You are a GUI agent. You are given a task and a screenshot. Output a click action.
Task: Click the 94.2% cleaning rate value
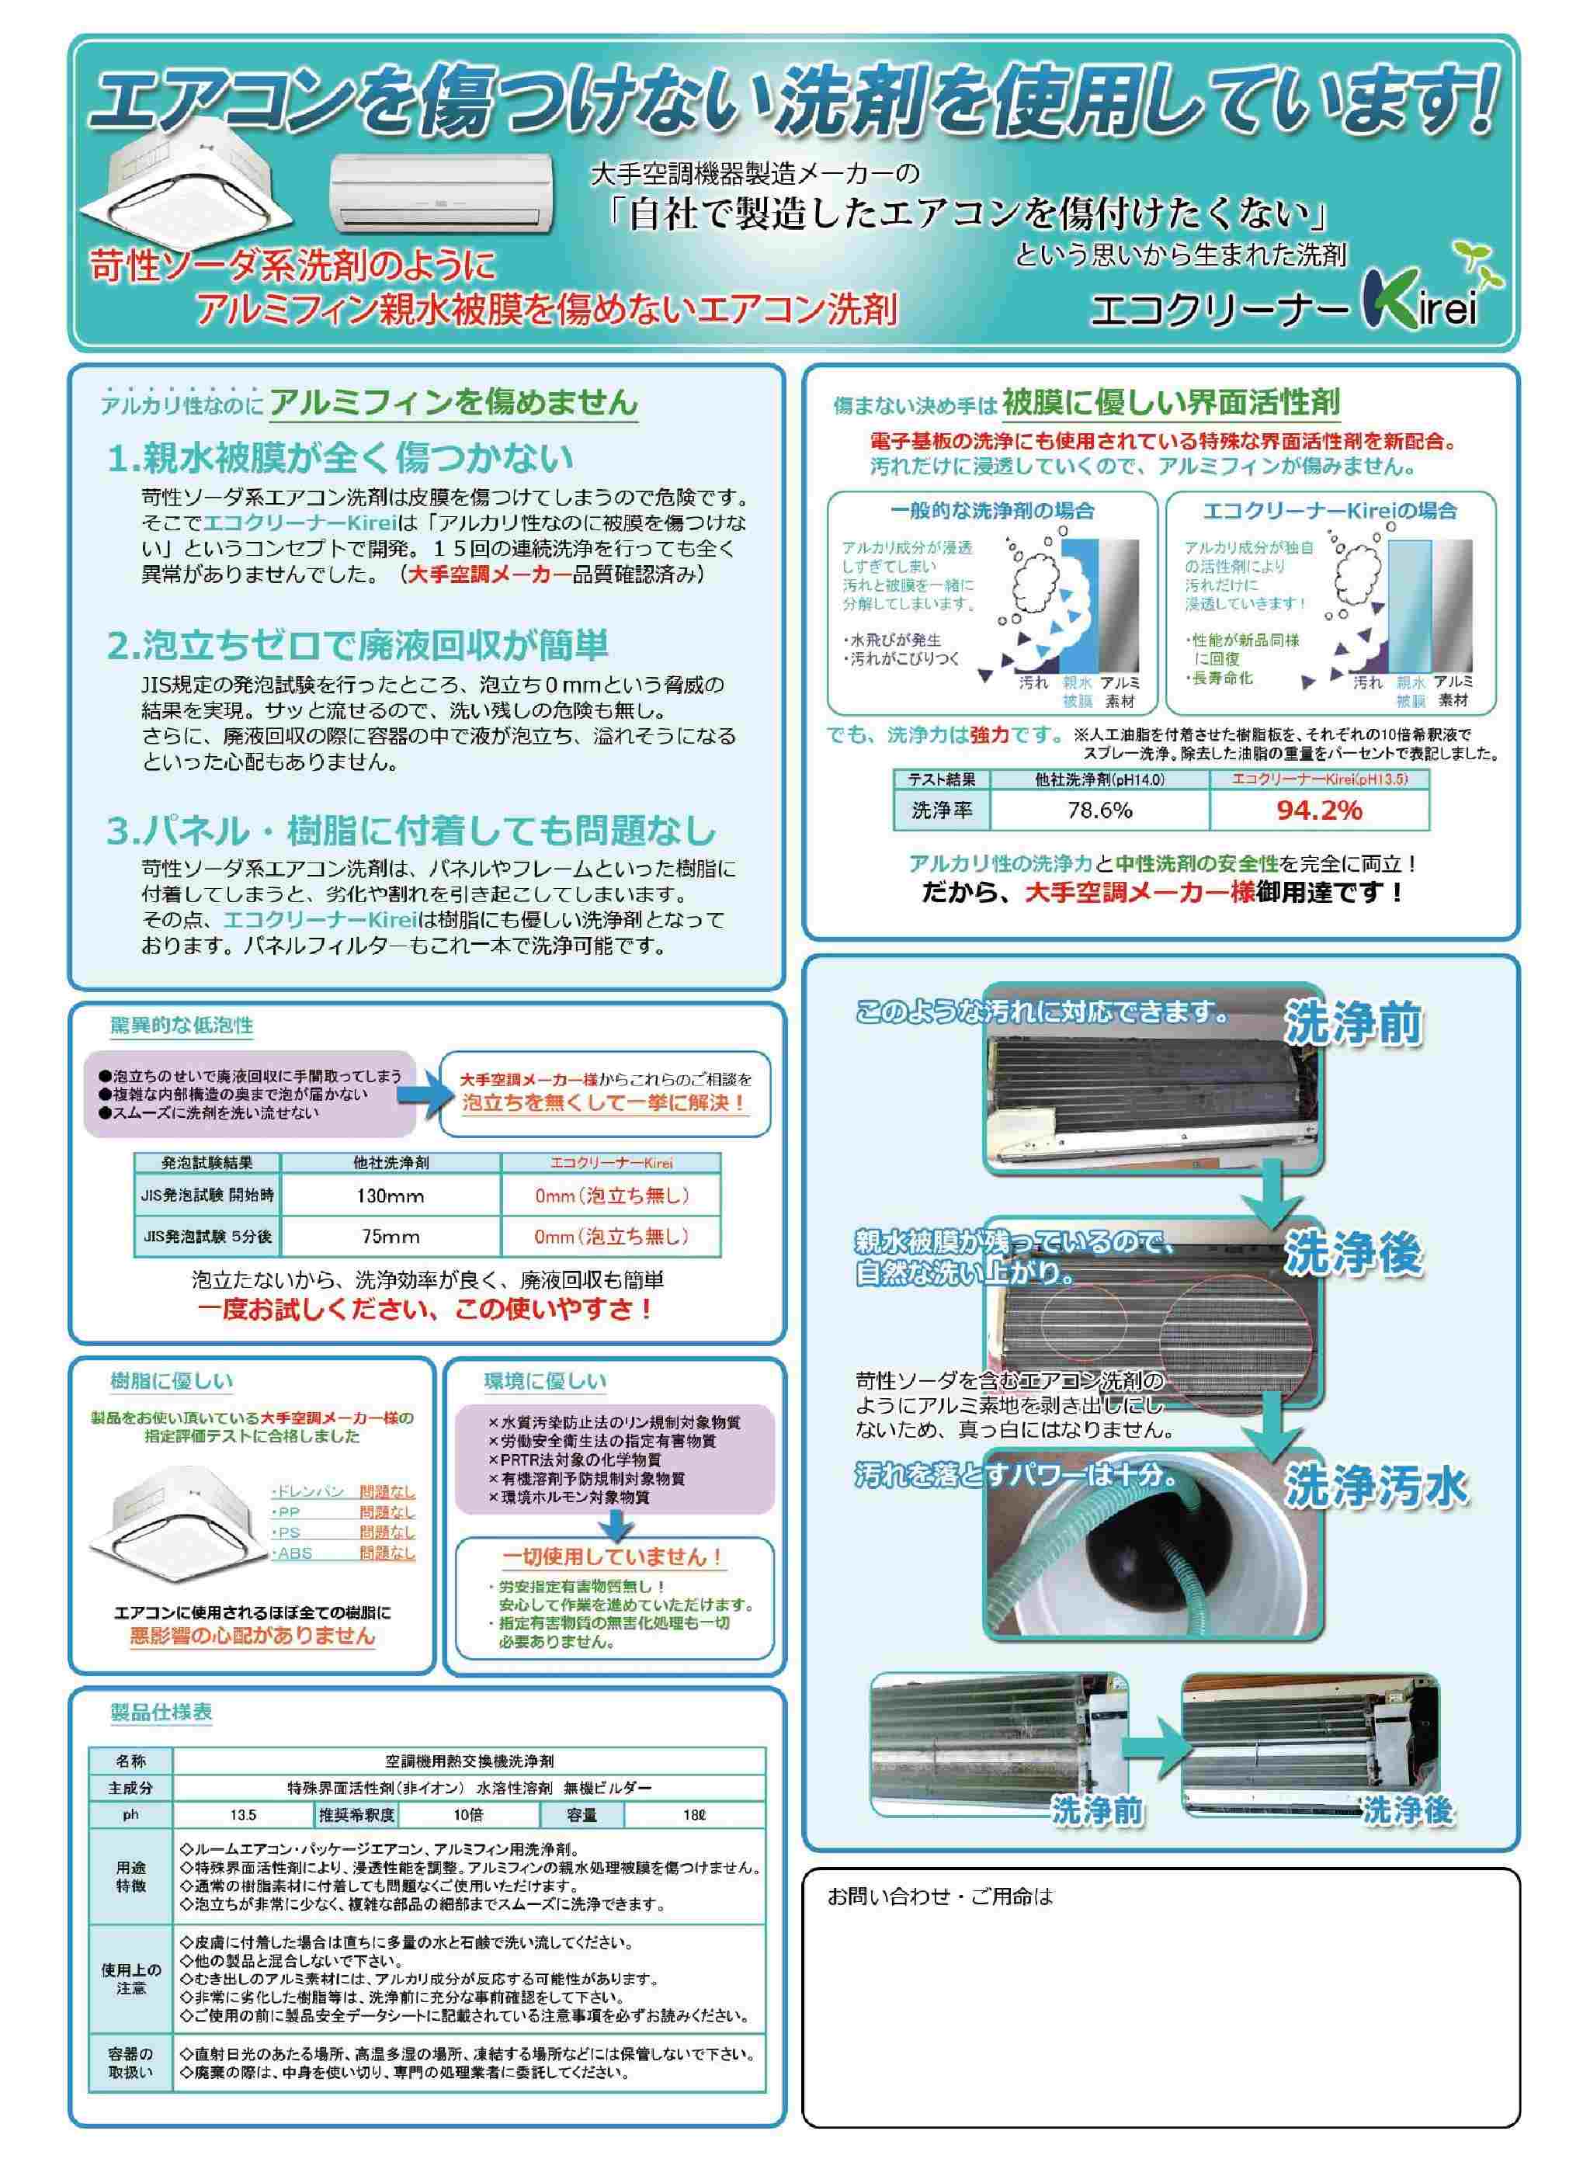[x=1318, y=810]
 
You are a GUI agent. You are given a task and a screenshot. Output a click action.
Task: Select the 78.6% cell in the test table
[x=1099, y=810]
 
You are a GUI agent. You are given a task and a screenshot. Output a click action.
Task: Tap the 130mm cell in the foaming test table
[x=392, y=1196]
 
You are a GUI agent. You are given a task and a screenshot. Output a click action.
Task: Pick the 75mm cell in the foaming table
[x=392, y=1237]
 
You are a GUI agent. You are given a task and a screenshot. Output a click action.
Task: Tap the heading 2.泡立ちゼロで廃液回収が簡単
[x=357, y=645]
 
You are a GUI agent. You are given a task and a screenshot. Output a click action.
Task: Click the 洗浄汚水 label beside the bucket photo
[x=1376, y=1489]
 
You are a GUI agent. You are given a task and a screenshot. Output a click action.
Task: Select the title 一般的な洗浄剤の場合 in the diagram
[x=992, y=510]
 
